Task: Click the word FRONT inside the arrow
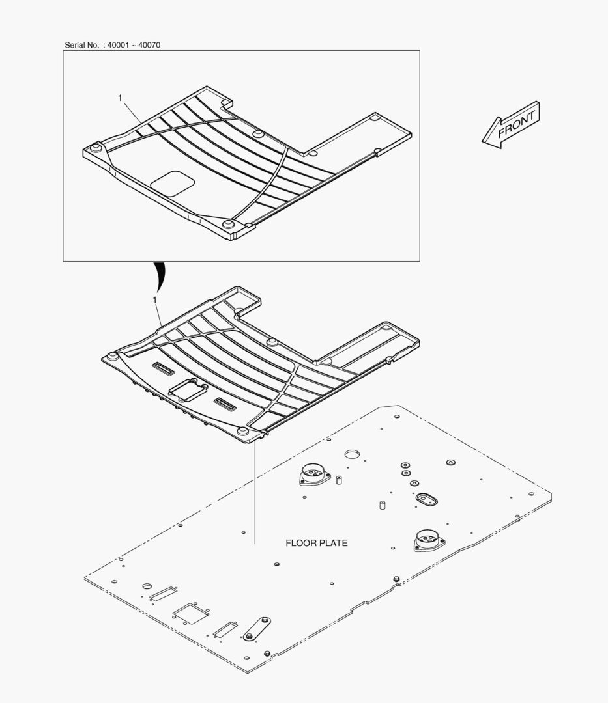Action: [x=517, y=123]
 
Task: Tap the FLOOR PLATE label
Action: [x=316, y=543]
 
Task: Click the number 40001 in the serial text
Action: [x=118, y=45]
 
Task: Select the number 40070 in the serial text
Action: [x=149, y=45]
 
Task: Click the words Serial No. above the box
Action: [x=81, y=45]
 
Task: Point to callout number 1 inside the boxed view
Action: [x=120, y=98]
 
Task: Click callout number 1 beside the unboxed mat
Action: [x=155, y=299]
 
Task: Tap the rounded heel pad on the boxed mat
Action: [x=172, y=183]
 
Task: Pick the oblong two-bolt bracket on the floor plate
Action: [x=257, y=629]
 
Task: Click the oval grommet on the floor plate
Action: [x=426, y=499]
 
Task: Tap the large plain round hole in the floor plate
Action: [x=353, y=454]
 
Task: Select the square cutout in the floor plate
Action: [x=190, y=613]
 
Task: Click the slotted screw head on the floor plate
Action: [x=147, y=586]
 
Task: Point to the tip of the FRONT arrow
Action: [x=482, y=142]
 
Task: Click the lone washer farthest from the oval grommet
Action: [x=450, y=462]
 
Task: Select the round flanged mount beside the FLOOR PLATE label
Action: [x=429, y=540]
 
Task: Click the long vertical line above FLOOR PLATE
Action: [x=254, y=493]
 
